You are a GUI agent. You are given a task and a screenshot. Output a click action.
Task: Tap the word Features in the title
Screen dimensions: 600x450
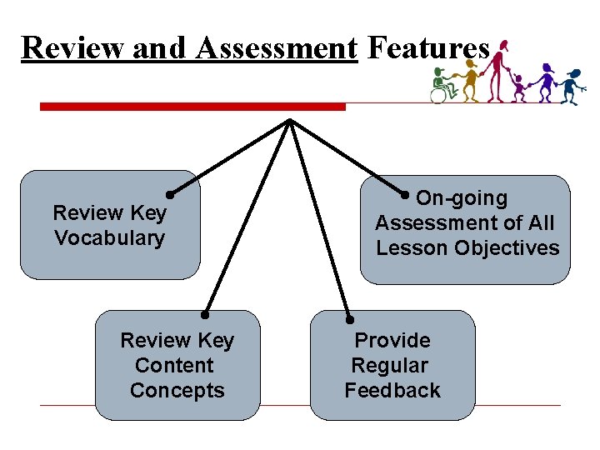[427, 48]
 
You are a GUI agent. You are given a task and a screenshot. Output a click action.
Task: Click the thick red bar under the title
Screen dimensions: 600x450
[192, 107]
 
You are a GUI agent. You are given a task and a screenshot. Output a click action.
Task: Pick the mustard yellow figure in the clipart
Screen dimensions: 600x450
[471, 82]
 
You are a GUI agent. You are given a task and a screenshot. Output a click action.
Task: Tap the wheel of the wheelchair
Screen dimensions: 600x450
[437, 95]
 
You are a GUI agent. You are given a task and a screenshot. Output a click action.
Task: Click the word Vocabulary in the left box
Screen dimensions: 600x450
[110, 238]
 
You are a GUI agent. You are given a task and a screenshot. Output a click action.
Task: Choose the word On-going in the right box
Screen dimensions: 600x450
[462, 198]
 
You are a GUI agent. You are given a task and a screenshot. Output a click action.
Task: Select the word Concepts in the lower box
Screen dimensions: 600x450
[177, 391]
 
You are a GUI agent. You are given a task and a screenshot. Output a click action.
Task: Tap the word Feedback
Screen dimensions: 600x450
[392, 391]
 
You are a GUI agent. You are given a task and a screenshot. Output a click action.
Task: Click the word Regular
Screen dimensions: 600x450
[389, 366]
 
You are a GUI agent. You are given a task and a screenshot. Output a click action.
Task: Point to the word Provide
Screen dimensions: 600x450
[392, 341]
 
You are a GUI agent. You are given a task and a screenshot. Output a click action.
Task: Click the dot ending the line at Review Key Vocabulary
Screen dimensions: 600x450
[169, 195]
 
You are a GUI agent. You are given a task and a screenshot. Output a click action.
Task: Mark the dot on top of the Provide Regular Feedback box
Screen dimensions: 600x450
[351, 318]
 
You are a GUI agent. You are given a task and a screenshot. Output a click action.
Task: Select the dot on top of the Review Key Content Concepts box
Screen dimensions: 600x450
[204, 316]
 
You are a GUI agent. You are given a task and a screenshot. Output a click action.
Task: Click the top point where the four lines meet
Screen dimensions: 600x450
[289, 122]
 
